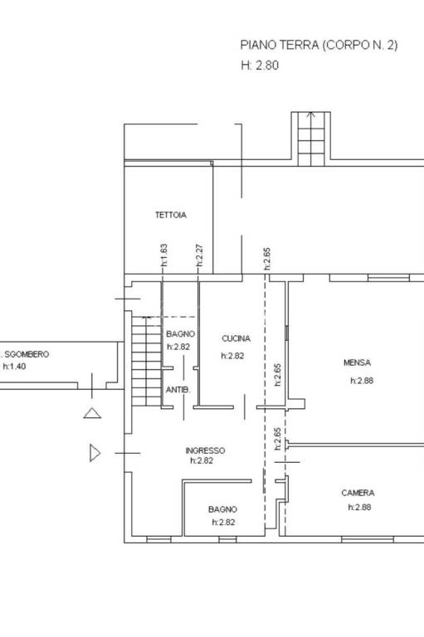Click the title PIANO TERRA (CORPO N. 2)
pyautogui.click(x=319, y=45)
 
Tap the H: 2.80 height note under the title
pyautogui.click(x=260, y=66)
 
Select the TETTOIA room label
pyautogui.click(x=171, y=215)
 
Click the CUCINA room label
pyautogui.click(x=236, y=338)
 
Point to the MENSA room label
pyautogui.click(x=357, y=362)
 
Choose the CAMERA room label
pyautogui.click(x=358, y=493)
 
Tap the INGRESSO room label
pyautogui.click(x=205, y=450)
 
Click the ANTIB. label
pyautogui.click(x=178, y=390)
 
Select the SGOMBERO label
pyautogui.click(x=27, y=354)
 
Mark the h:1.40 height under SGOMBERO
pyautogui.click(x=14, y=367)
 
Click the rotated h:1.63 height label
pyautogui.click(x=163, y=255)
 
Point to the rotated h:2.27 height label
pyautogui.click(x=199, y=255)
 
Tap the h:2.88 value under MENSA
pyautogui.click(x=362, y=381)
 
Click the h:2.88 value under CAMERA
pyautogui.click(x=359, y=507)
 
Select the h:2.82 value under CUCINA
pyautogui.click(x=232, y=356)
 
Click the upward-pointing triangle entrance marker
pyautogui.click(x=92, y=413)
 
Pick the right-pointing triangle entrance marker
pyautogui.click(x=95, y=453)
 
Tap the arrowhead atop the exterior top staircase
pyautogui.click(x=311, y=114)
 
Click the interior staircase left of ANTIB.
pyautogui.click(x=146, y=361)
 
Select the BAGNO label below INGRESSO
pyautogui.click(x=222, y=509)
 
